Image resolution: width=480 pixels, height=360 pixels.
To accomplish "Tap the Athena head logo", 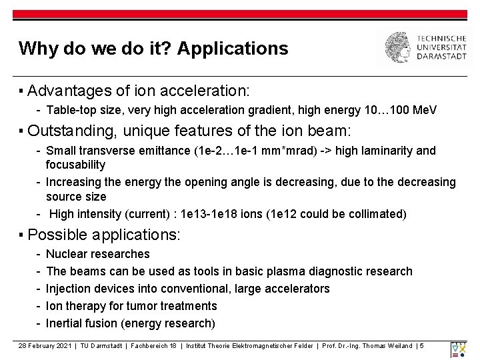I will click(400, 47).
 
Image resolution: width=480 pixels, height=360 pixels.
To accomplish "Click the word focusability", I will click(75, 165).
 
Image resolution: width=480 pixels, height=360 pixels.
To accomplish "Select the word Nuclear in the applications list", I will click(65, 254).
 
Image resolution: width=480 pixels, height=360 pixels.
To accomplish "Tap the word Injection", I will click(69, 289).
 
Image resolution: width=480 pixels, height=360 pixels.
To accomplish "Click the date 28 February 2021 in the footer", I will click(46, 345).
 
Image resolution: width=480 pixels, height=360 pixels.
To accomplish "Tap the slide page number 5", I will click(422, 345).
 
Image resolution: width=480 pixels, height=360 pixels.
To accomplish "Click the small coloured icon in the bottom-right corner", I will click(459, 350).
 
